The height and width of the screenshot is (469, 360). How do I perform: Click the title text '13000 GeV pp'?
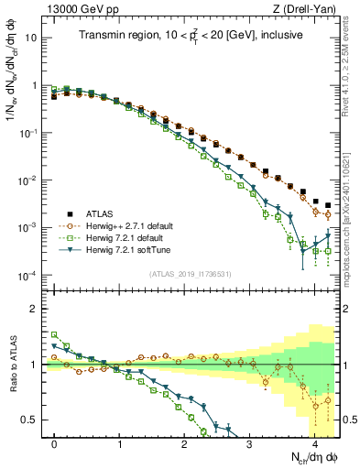(79, 8)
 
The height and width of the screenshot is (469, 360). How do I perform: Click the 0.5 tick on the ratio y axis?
(33, 420)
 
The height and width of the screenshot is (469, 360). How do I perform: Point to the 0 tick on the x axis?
(55, 443)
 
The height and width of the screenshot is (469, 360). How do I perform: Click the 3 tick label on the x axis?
(250, 443)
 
